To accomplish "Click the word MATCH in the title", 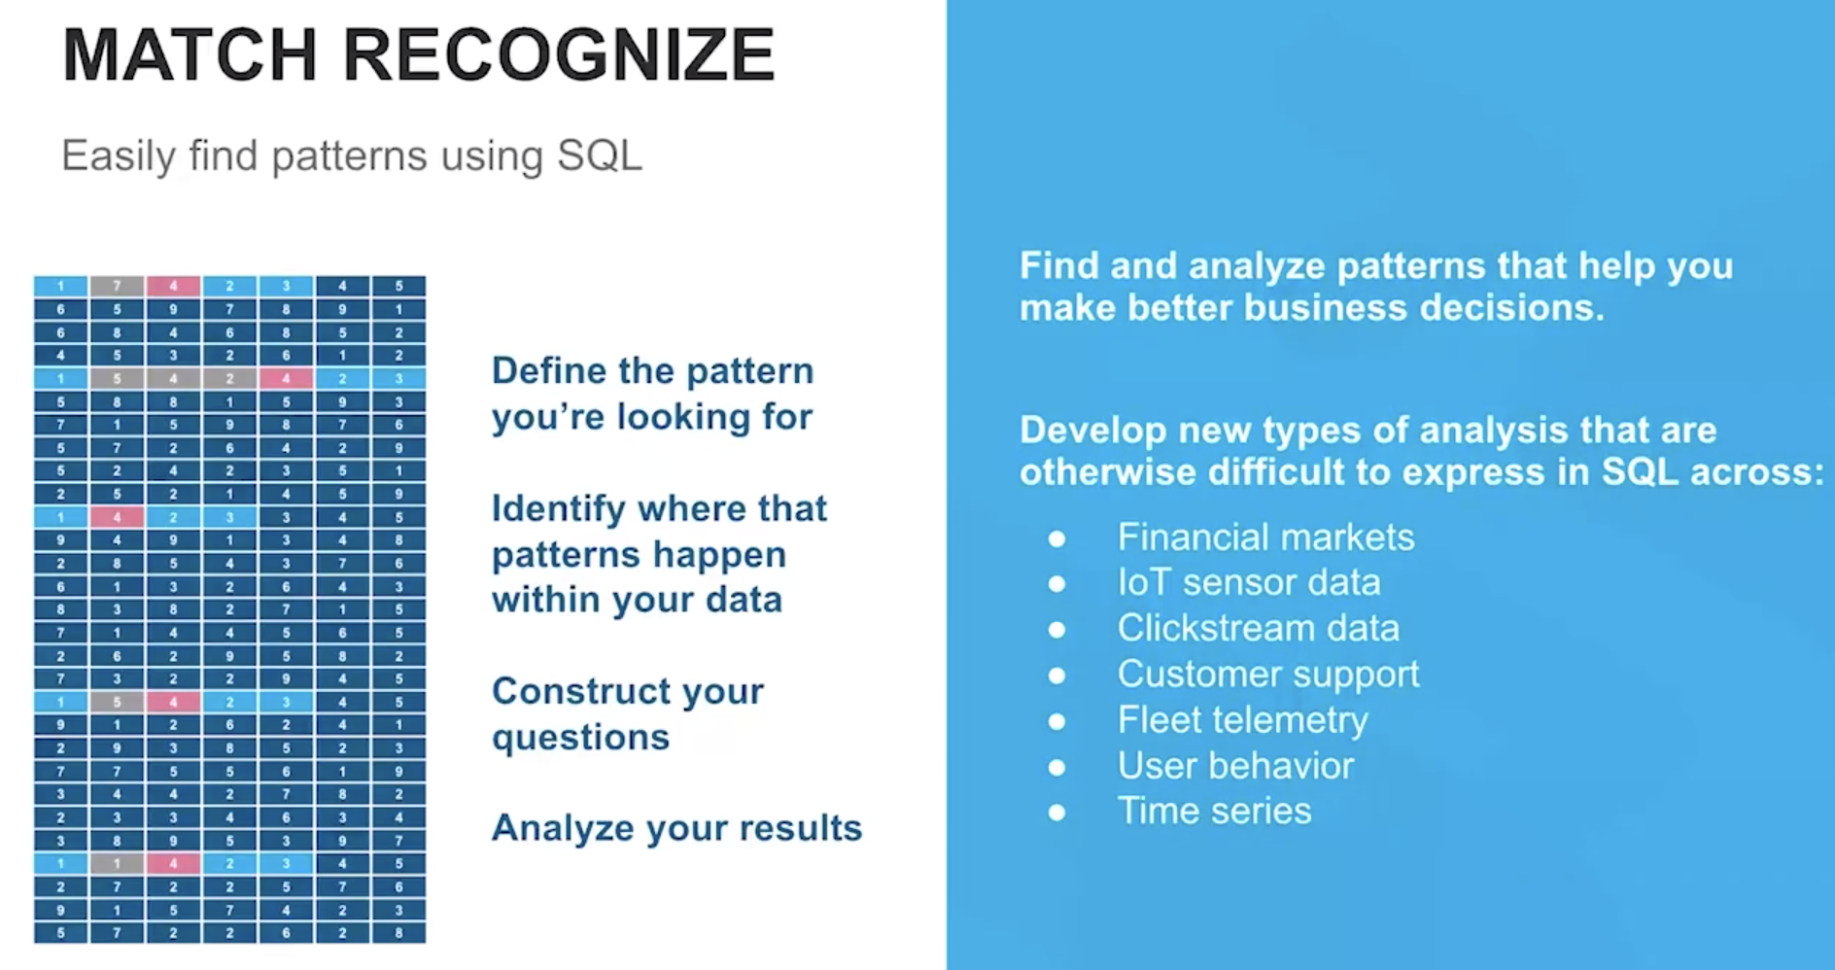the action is (190, 54).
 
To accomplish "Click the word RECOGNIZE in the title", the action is (559, 54).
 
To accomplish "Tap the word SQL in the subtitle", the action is (600, 156).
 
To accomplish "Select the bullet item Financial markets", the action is (1265, 537).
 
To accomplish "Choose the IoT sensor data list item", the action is (1249, 582).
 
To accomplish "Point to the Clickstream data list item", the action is (1258, 628).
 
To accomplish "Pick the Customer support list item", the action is (1268, 675).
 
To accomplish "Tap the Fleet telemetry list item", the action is (1242, 720).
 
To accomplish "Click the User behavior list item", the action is (1235, 766).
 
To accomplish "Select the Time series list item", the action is (1214, 811).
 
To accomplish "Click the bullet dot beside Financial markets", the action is (1057, 538).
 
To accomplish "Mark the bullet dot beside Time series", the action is (1057, 813).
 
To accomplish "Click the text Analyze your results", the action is (676, 829).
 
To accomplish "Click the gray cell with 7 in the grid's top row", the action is (117, 286).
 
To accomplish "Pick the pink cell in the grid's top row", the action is (173, 286).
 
